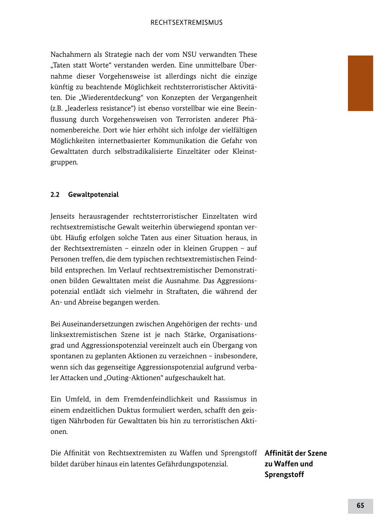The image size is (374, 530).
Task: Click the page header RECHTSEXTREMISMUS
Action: [x=186, y=23]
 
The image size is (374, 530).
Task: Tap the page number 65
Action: [x=360, y=506]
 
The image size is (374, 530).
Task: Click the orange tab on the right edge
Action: [x=360, y=83]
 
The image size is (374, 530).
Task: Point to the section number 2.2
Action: [x=55, y=195]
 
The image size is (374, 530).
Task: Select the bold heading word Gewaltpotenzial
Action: [x=93, y=195]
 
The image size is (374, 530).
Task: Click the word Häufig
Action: [x=68, y=238]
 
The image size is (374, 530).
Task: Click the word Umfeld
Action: [x=77, y=399]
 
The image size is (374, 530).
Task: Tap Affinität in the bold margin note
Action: [x=279, y=453]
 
